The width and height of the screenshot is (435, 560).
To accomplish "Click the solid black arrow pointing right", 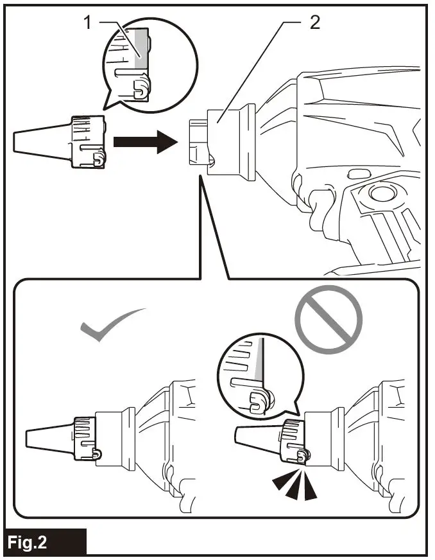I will coord(145,141).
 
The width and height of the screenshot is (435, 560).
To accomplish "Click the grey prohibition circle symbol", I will coord(328,319).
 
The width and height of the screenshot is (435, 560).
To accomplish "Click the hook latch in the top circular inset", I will coord(140,88).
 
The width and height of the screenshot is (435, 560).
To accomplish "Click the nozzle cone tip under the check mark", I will coord(49,439).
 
